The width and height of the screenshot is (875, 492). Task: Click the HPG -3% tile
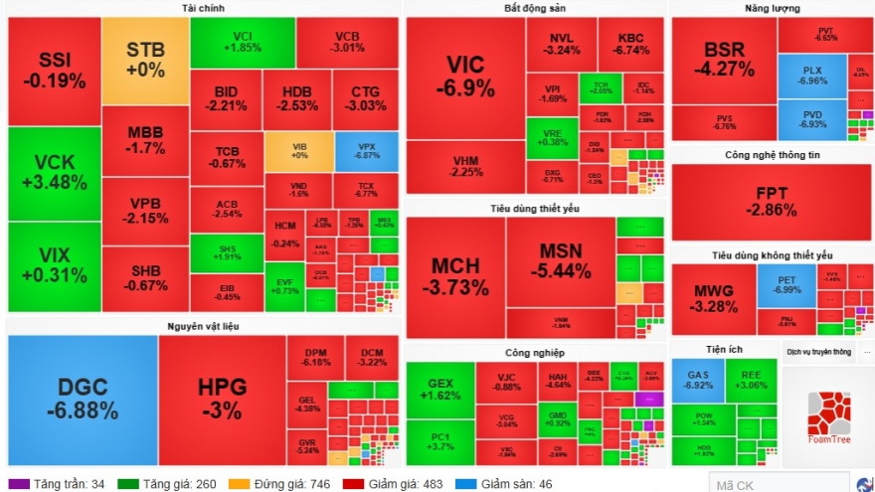coord(221,399)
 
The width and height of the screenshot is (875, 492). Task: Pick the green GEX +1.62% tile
coord(439,388)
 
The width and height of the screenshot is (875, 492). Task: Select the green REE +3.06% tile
coord(750,380)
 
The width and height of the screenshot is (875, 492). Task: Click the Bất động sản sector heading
coord(534,8)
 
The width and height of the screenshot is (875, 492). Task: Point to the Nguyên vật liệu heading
coord(202,325)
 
